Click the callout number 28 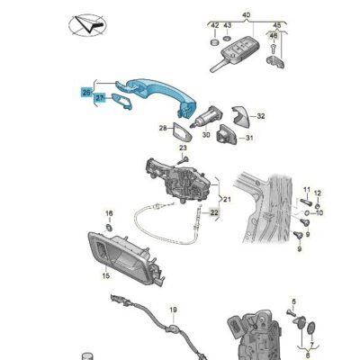(163, 130)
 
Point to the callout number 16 (109, 213)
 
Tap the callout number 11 (305, 192)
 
